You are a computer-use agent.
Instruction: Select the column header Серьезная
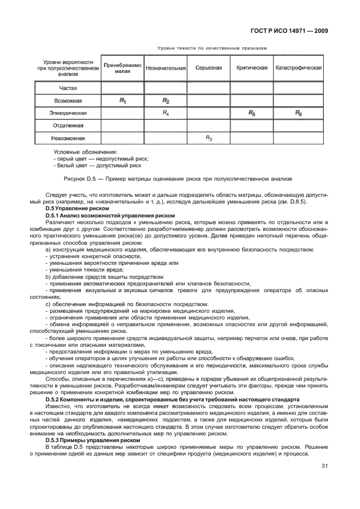tap(208, 68)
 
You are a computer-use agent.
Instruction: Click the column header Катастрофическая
tap(299, 68)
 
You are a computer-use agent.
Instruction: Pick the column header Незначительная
tap(166, 68)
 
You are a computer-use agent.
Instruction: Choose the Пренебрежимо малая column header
tap(122, 68)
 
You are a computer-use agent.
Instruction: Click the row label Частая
tap(68, 88)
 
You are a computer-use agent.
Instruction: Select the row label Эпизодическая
tap(68, 113)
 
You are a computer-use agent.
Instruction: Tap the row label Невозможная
tap(68, 138)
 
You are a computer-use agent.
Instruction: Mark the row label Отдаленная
tap(68, 125)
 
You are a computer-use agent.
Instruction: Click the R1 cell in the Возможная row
tap(123, 100)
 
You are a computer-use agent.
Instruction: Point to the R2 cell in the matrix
tap(166, 100)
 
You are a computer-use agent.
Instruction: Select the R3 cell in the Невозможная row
tap(208, 137)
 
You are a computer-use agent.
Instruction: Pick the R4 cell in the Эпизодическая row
tap(166, 113)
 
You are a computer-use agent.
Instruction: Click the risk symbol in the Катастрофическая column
tap(298, 113)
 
